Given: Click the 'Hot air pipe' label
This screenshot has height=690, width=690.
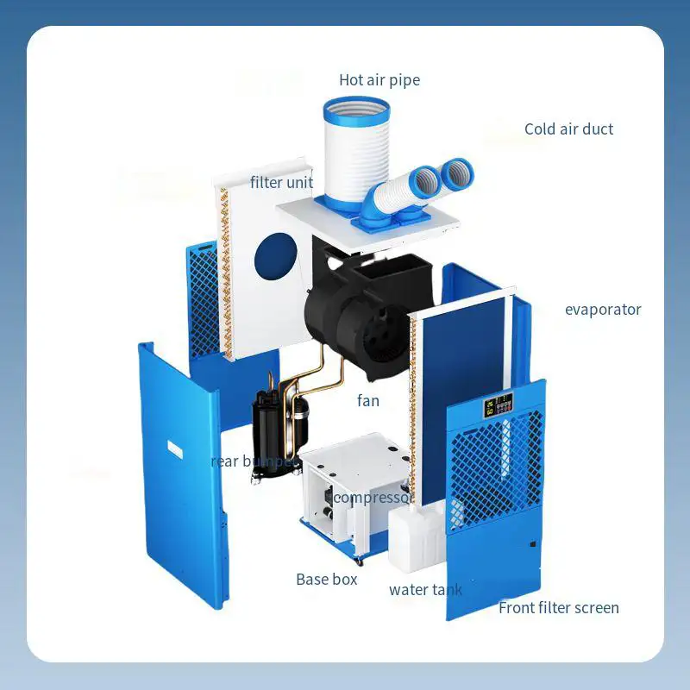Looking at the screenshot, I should (x=379, y=80).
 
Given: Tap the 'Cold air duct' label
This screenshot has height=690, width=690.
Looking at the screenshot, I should (x=568, y=129).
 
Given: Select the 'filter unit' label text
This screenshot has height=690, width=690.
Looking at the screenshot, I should (x=281, y=183).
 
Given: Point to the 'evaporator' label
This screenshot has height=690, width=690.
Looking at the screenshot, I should (x=603, y=310).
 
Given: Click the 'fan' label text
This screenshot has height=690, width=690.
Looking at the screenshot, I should (x=368, y=400).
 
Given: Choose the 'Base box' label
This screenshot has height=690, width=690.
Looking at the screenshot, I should (x=326, y=580).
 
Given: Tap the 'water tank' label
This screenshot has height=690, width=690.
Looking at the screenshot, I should (x=425, y=590).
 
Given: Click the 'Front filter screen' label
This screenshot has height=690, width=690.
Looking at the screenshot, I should (x=558, y=608).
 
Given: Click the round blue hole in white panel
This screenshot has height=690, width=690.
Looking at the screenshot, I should (x=275, y=256).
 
